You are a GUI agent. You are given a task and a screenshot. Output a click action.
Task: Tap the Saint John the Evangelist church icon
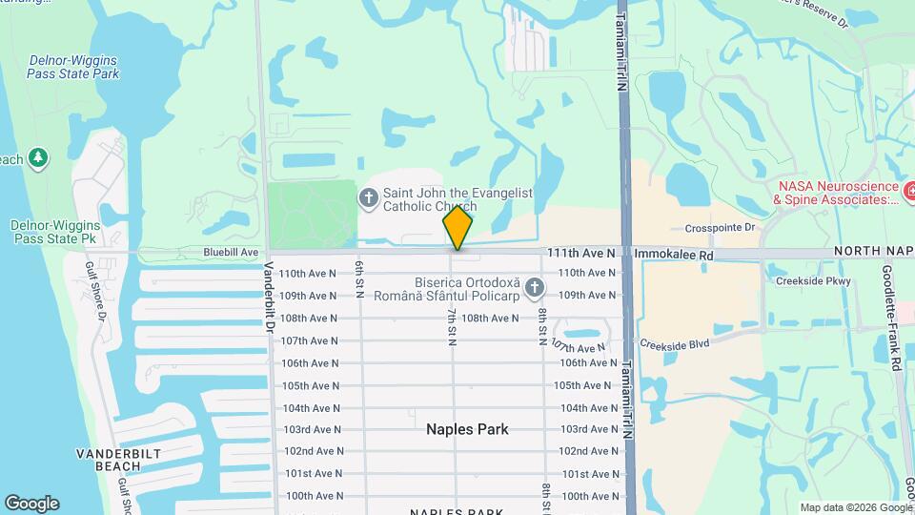[x=368, y=198]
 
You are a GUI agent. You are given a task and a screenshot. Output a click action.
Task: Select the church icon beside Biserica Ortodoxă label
[x=535, y=287]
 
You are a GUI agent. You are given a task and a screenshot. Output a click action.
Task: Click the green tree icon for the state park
[x=38, y=156]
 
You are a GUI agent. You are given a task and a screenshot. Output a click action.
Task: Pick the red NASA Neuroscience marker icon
[x=907, y=193]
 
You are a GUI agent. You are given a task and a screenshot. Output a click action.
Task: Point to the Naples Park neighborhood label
[x=467, y=429]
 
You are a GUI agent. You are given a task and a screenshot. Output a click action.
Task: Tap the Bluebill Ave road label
[x=231, y=252]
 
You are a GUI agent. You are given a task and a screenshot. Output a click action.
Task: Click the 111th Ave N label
[x=581, y=253]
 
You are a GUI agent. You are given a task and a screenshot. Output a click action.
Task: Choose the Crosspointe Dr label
[x=720, y=228]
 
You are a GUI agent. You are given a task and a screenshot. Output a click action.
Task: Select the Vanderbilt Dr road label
[x=270, y=297]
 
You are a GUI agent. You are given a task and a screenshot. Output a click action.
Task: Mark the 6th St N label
[x=359, y=278]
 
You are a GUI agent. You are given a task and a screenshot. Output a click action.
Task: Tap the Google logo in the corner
[x=31, y=504]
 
